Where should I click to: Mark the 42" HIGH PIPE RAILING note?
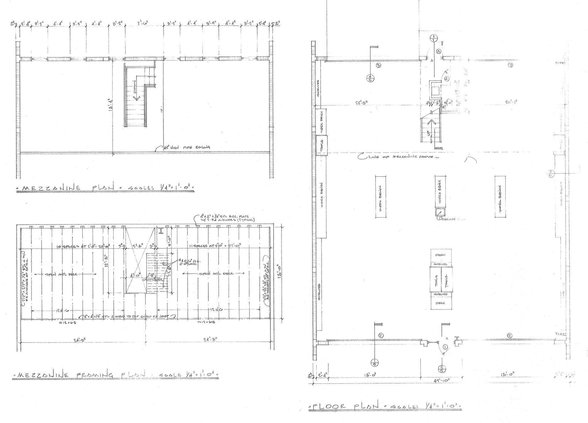click(187, 147)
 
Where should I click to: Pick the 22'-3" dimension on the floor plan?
click(363, 102)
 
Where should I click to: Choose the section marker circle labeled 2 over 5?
click(442, 368)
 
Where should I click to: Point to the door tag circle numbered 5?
click(438, 51)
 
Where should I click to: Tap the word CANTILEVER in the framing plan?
click(152, 280)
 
